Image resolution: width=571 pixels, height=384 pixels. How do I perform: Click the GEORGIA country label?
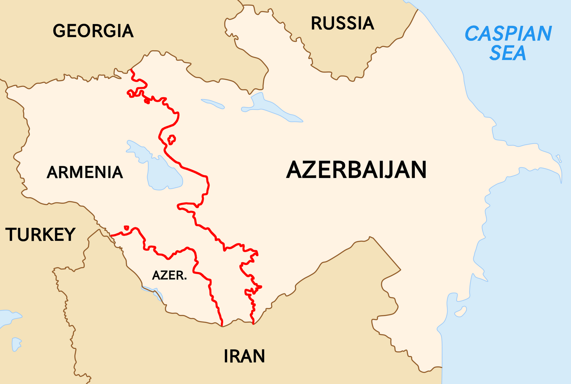tap(93, 31)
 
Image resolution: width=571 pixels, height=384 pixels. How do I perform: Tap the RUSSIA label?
tap(342, 23)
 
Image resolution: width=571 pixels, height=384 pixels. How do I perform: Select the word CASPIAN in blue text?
tap(508, 33)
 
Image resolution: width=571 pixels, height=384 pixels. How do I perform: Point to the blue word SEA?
tap(508, 53)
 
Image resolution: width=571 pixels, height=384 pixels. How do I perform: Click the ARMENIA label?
tap(85, 172)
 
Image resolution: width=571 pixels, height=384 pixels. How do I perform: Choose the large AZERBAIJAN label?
tap(356, 170)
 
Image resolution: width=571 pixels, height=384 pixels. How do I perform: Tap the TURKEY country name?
tap(40, 235)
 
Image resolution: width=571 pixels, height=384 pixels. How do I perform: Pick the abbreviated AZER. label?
tap(169, 276)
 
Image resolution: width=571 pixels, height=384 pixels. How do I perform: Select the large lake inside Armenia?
tap(161, 169)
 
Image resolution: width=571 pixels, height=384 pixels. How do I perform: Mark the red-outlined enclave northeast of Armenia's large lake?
tap(171, 140)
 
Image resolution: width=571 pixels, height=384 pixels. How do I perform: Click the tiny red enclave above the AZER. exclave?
tap(127, 228)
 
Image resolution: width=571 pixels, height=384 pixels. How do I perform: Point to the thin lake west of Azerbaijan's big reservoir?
tap(213, 103)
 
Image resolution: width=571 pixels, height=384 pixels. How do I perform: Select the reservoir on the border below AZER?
tap(152, 292)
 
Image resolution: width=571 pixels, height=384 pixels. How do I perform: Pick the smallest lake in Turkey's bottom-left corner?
tap(16, 344)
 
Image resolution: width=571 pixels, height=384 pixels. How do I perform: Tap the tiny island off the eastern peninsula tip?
tap(559, 157)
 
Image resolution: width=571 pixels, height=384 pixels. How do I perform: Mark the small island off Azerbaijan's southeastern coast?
tap(461, 311)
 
